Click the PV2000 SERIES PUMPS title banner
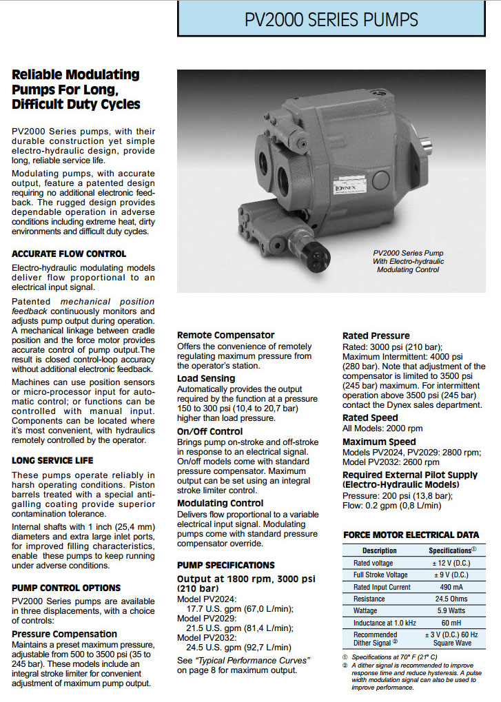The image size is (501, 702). [x=331, y=20]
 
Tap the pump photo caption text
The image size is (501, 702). [x=409, y=261]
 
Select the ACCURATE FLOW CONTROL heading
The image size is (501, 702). [x=69, y=254]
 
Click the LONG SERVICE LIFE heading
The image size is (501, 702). [x=52, y=460]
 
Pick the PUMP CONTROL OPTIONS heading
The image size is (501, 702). [x=66, y=588]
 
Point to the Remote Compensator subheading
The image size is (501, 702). [x=225, y=335]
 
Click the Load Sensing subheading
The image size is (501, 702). [x=207, y=378]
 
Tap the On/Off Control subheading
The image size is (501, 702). [x=209, y=432]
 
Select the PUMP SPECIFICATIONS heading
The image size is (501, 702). [x=225, y=565]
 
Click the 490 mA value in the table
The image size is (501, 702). [x=451, y=587]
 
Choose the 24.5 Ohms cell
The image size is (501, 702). [x=451, y=599]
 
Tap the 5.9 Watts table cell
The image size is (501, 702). [x=451, y=610]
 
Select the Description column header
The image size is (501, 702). [x=380, y=550]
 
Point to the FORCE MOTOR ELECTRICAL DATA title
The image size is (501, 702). [x=411, y=535]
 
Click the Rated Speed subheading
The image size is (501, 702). [x=370, y=417]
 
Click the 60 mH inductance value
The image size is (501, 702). [x=451, y=622]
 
